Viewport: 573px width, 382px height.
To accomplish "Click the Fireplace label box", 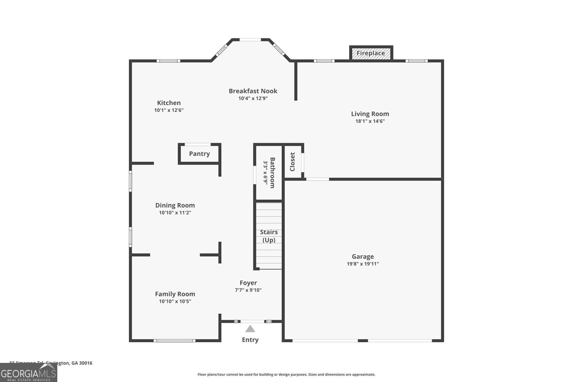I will pos(371,53).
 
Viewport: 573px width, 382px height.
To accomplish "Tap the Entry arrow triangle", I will pos(250,329).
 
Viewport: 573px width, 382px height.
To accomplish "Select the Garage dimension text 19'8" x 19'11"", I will pos(363,264).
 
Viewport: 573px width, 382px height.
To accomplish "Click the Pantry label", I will pos(199,154).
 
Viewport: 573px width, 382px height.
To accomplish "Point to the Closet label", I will pos(292,162).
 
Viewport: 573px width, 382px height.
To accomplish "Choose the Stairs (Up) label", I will pos(269,236).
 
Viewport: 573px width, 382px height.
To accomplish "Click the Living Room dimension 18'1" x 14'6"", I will pos(370,121).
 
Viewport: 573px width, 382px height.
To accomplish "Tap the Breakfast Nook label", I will pos(253,91).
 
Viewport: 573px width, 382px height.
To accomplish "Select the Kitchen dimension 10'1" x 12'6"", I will pos(169,110).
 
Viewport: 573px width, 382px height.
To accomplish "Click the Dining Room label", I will pos(175,205).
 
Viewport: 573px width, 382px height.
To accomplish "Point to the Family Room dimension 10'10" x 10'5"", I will pos(175,301).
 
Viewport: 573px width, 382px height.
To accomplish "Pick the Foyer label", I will pos(248,283).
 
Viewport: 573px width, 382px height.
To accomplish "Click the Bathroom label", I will pos(273,173).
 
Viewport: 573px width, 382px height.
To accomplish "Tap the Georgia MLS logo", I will pos(28,373).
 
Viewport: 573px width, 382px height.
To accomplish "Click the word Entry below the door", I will pos(250,340).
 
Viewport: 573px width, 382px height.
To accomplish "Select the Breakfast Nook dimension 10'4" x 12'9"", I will pos(253,98).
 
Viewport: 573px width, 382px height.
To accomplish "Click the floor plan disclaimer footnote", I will pos(286,374).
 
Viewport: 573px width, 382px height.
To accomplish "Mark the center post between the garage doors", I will pos(363,340).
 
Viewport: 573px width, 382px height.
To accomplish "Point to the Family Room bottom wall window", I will pos(174,340).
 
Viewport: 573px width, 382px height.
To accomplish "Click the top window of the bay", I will pos(250,40).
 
